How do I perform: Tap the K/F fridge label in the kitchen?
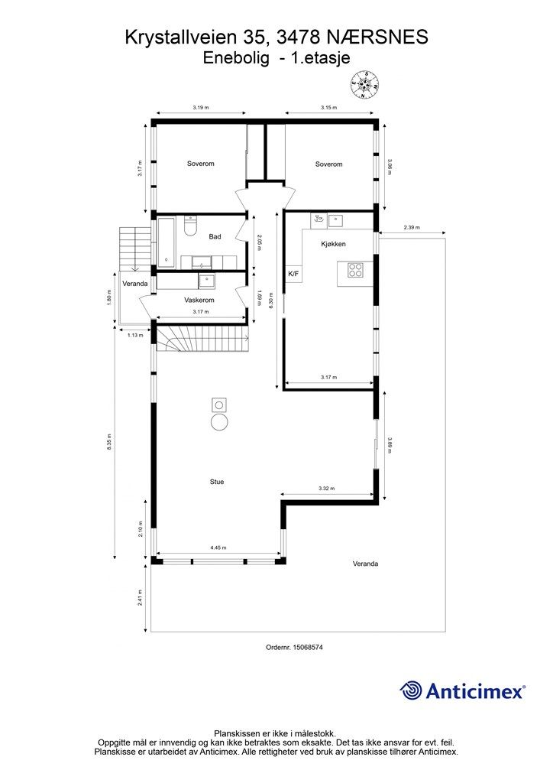(x=293, y=273)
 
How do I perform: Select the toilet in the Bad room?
(x=190, y=226)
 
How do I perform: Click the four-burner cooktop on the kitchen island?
(x=355, y=270)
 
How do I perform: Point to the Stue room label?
(x=217, y=482)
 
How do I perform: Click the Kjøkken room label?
(x=333, y=244)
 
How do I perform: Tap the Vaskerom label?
(x=199, y=300)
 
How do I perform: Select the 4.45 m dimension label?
(x=218, y=547)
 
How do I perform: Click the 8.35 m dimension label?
(x=109, y=442)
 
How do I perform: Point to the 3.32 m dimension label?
(x=327, y=489)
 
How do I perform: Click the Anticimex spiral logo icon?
(x=411, y=690)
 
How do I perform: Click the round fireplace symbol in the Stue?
(x=219, y=422)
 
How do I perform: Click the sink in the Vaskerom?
(x=206, y=281)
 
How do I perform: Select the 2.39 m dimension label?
(x=412, y=228)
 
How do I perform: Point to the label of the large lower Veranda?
(x=366, y=564)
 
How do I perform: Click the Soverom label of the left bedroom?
(x=200, y=164)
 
